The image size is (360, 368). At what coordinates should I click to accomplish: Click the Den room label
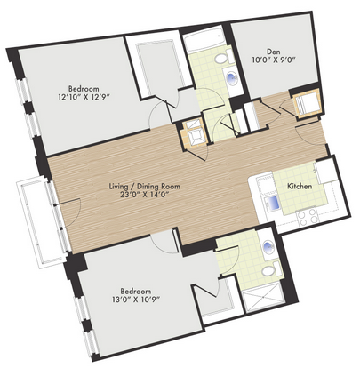point(274,52)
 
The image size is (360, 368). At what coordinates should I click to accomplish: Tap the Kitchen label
point(300,186)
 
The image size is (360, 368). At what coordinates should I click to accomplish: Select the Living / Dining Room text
point(145,187)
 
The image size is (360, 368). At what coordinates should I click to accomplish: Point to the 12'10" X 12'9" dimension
point(84,97)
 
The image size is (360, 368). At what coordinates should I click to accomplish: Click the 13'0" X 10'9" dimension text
point(136,300)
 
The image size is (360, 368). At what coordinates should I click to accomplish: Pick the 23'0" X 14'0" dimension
point(145,195)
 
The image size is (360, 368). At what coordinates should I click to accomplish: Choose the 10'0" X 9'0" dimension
point(274,60)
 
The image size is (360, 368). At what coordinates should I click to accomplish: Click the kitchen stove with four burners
point(308,216)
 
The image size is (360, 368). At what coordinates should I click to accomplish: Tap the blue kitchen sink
point(272,203)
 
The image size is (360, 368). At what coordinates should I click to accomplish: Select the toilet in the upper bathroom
point(224,57)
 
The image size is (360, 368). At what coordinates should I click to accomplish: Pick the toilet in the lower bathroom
point(272,269)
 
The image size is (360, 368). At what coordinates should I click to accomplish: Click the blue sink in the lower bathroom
point(269,245)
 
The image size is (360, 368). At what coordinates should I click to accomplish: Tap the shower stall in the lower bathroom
point(262,296)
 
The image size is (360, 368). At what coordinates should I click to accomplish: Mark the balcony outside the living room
point(42,223)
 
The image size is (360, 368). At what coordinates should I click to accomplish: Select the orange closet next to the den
point(307,104)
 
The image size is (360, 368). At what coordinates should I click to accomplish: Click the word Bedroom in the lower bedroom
point(136,291)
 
